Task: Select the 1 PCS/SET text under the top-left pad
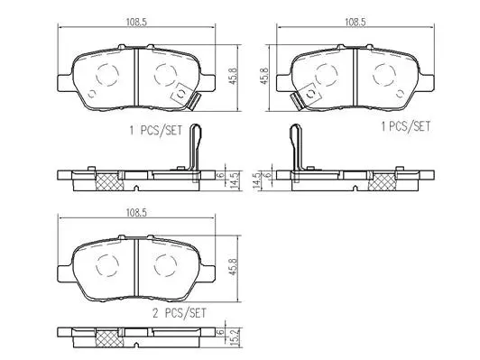pyautogui.click(x=156, y=130)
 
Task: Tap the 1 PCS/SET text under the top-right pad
pyautogui.click(x=404, y=127)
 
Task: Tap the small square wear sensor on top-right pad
pyautogui.click(x=309, y=91)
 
